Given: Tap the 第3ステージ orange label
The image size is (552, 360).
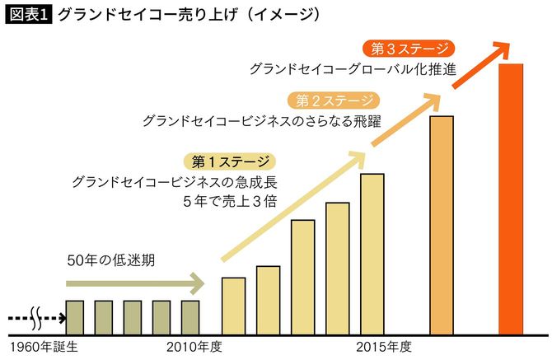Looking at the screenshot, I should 409,48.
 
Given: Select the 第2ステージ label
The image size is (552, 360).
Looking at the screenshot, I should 334,101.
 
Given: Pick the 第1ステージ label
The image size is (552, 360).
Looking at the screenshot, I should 228,160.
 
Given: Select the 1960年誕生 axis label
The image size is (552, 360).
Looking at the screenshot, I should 42,347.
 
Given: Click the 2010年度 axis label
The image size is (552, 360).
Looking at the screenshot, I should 194,347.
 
